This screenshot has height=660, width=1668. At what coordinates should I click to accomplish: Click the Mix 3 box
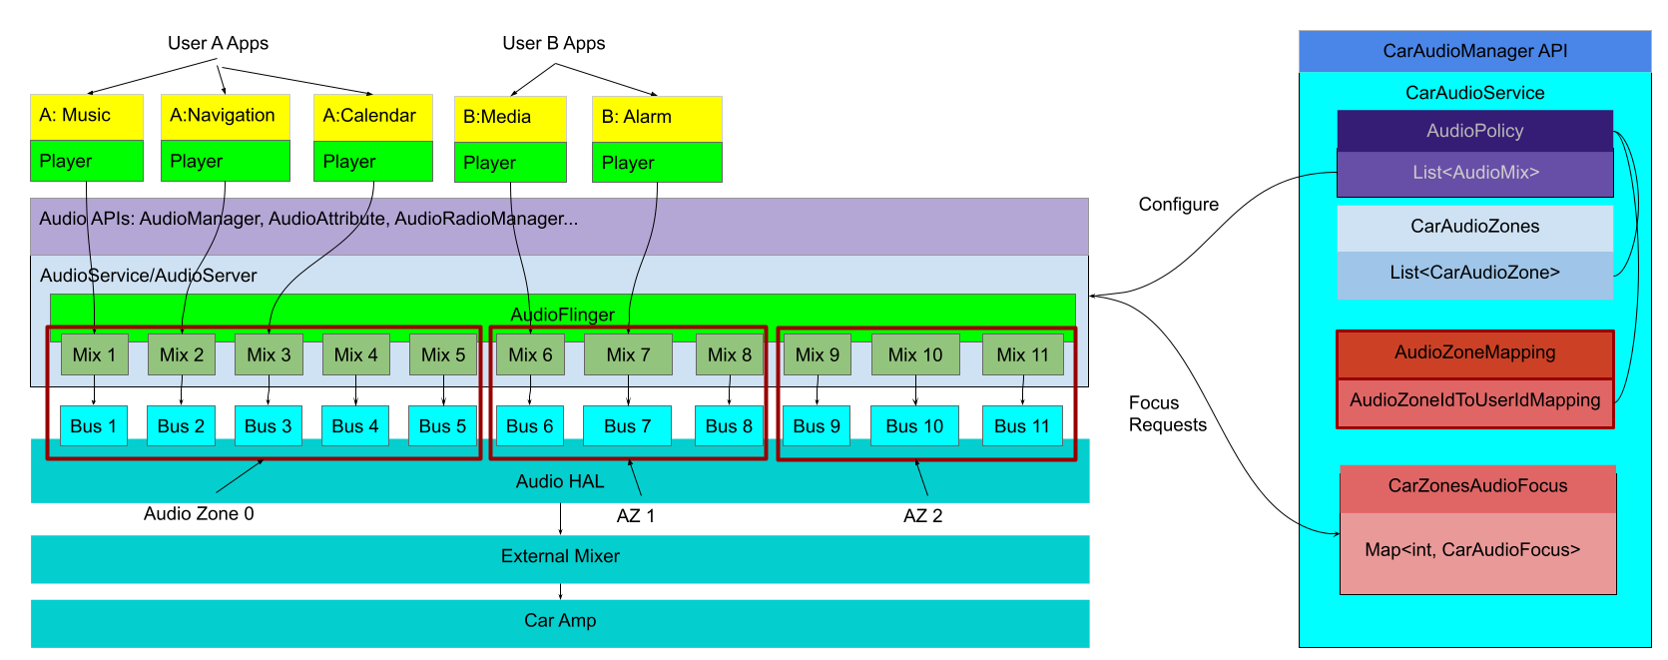pos(269,354)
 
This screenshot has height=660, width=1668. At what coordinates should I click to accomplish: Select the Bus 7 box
pos(627,426)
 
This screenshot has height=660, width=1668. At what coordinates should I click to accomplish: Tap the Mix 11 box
pos(1022,354)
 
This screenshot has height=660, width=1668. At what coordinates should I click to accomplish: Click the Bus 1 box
pos(94,426)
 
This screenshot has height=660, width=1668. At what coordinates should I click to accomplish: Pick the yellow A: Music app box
pos(87,116)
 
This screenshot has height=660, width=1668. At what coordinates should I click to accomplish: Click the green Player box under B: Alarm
pos(657,163)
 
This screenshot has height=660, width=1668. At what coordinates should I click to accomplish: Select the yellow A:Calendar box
pos(372,116)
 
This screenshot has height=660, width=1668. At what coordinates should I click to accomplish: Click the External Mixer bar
pos(560,557)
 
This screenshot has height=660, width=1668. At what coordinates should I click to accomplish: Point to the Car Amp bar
pos(560,621)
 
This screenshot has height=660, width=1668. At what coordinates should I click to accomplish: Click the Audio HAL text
pos(560,481)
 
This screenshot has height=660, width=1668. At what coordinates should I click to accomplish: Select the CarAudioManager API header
pos(1474,51)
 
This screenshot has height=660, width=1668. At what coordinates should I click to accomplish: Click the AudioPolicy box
pos(1474,131)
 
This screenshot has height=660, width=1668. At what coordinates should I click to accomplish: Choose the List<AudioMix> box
pos(1474,173)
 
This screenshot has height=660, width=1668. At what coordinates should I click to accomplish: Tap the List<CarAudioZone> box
pos(1474,273)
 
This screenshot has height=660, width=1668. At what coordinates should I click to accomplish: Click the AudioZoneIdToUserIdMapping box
pos(1474,401)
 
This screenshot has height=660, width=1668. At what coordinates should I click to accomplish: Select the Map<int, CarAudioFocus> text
pos(1472,550)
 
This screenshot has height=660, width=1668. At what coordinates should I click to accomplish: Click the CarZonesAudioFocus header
pos(1477,486)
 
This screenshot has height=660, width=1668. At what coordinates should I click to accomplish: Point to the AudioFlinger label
pos(562,315)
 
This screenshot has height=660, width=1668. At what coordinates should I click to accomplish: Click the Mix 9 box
pos(817,354)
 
